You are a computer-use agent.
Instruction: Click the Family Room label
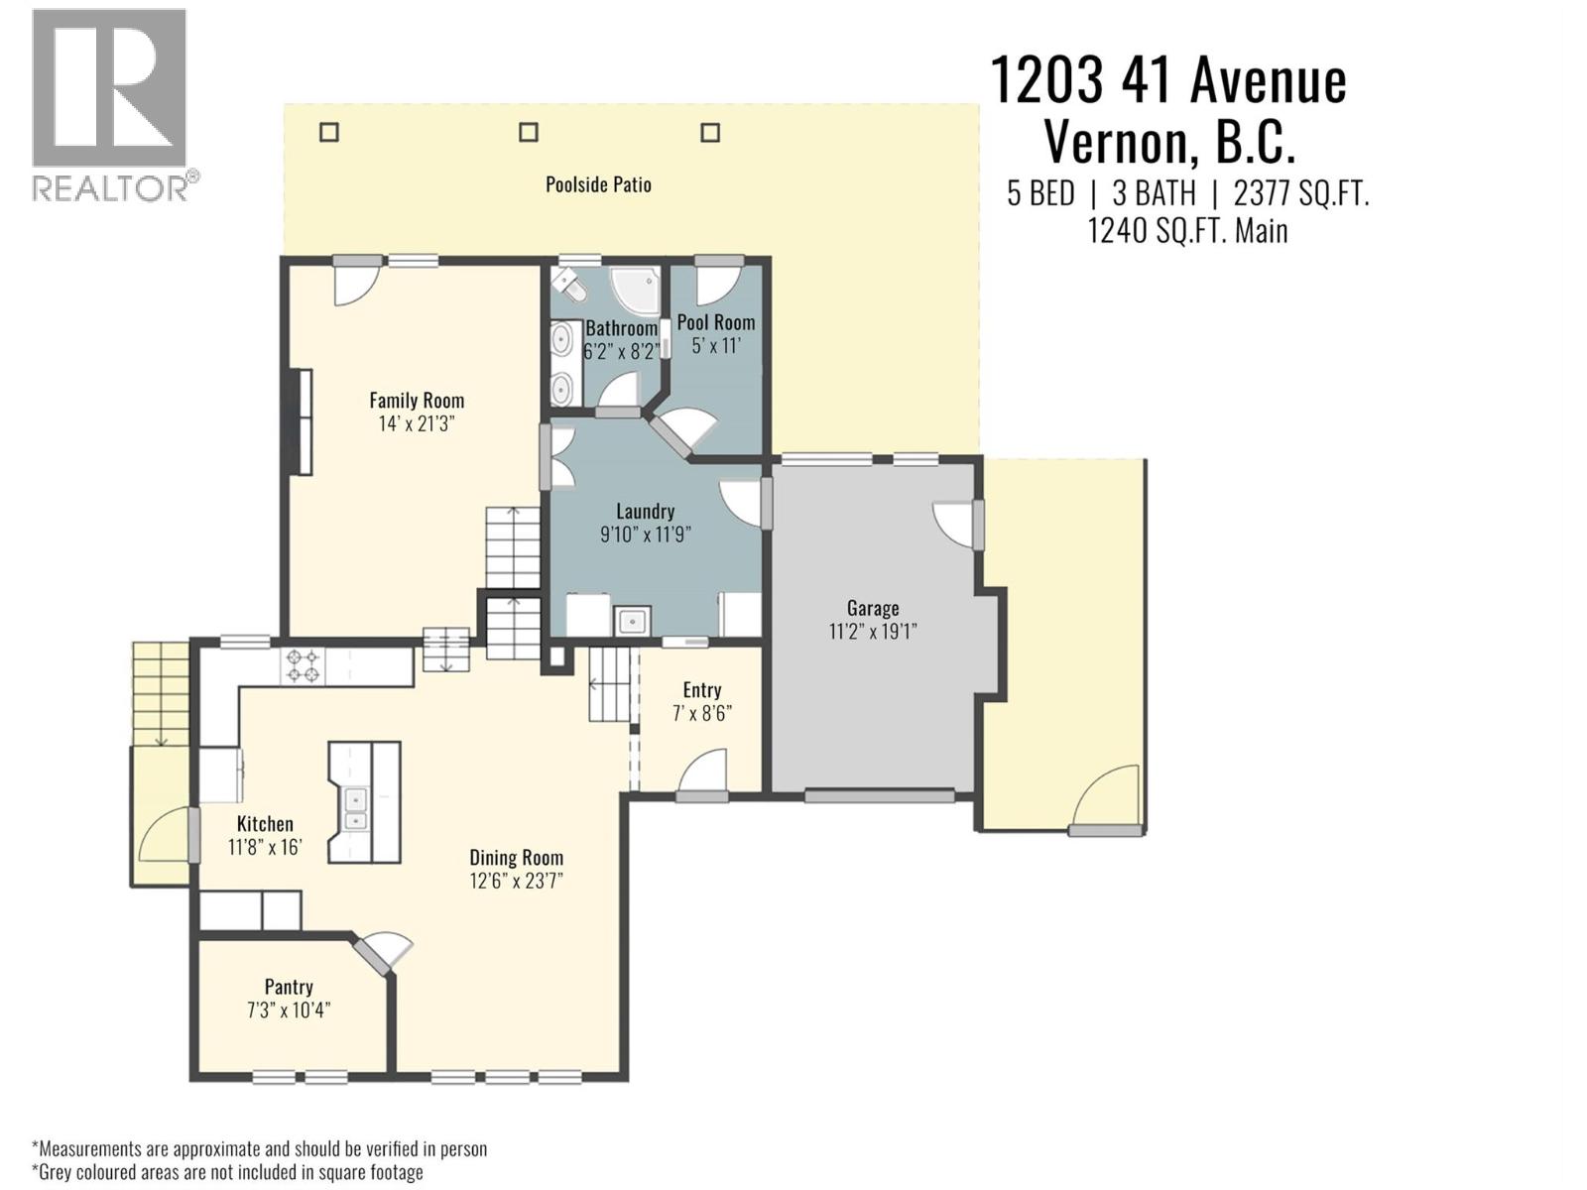417,401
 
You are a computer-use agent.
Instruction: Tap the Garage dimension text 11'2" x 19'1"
873,632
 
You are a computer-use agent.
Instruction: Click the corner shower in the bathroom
632,289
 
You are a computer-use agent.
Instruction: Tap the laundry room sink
631,622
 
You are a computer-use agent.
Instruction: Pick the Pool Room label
716,322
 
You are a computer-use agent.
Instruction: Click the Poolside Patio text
598,184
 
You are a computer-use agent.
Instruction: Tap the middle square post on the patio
529,132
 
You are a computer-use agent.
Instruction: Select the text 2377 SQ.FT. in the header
1300,193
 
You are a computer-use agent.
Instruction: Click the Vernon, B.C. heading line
1169,142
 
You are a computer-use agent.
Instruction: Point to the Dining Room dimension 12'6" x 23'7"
516,882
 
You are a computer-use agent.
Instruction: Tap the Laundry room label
645,512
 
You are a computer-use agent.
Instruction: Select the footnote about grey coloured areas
228,1172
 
